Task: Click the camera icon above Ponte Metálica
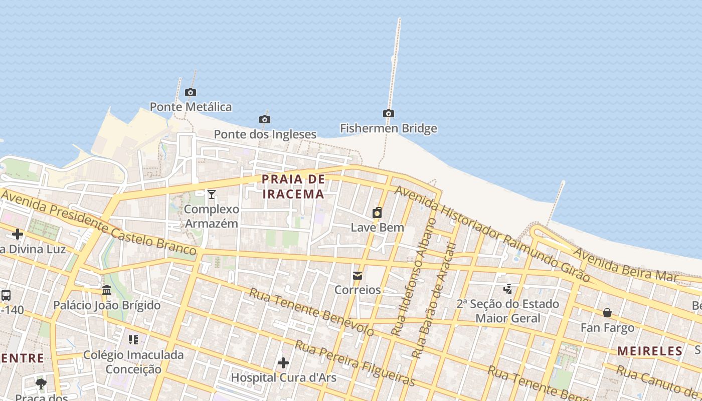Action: pos(191,92)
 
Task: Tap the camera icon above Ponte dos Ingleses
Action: pos(265,119)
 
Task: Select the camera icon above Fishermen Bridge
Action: pos(388,113)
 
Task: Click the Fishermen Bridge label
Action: pos(389,128)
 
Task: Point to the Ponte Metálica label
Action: pos(191,107)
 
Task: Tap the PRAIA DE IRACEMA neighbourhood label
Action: pos(293,186)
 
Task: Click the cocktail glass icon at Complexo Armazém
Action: pos(212,194)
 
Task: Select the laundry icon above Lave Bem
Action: pos(377,213)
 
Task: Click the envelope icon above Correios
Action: pos(358,275)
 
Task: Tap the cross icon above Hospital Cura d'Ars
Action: pos(283,362)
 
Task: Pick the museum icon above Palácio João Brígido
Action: pos(107,290)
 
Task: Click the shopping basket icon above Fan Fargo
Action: pos(607,313)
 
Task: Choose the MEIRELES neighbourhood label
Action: pos(650,351)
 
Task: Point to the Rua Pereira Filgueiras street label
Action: pos(355,363)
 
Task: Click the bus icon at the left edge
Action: pos(6,295)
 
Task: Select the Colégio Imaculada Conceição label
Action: pos(133,362)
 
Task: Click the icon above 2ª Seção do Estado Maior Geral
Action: pos(508,289)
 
